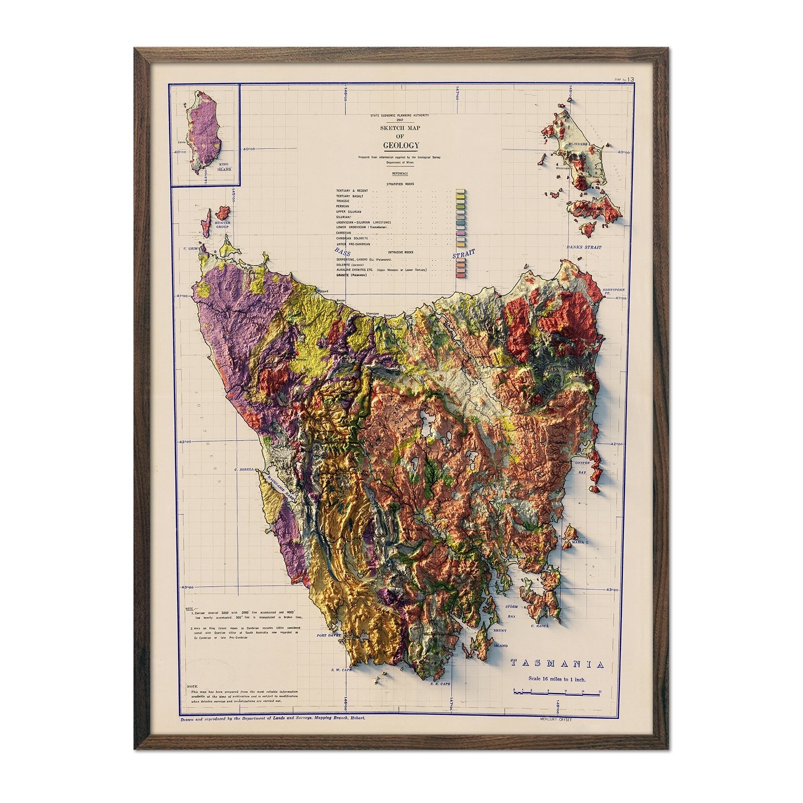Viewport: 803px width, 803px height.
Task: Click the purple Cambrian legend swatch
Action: click(x=460, y=233)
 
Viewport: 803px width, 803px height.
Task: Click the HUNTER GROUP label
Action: click(x=222, y=224)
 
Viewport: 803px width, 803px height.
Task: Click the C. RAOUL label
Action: click(x=540, y=626)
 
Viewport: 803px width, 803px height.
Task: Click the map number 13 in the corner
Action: click(x=630, y=79)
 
